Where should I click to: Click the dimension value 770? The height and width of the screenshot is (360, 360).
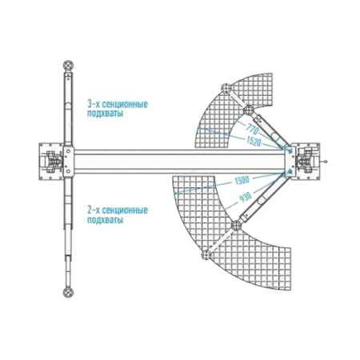click(253, 130)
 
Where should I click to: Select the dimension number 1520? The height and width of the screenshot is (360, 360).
click(254, 142)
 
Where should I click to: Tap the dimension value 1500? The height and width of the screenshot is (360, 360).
click(242, 181)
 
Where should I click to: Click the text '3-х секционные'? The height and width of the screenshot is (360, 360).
click(118, 104)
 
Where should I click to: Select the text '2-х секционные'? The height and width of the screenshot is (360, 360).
click(118, 210)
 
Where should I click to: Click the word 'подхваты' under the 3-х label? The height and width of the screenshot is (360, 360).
click(106, 114)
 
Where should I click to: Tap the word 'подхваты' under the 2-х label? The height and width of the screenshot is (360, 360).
click(106, 220)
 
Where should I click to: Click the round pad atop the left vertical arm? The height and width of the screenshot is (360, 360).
click(68, 66)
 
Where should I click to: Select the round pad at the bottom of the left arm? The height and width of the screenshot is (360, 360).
click(68, 293)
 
